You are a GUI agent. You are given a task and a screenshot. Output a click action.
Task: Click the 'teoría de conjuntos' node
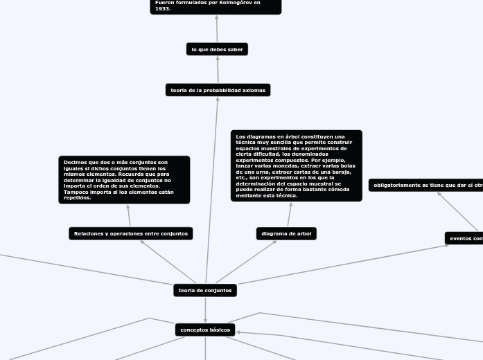tap(205, 290)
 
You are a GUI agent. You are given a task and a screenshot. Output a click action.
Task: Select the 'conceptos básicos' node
tap(205, 330)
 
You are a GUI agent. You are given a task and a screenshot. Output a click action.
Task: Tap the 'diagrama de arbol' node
tap(286, 234)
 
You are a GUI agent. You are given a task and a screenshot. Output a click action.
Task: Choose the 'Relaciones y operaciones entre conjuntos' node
tap(130, 234)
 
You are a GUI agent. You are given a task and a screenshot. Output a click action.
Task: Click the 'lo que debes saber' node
tap(217, 49)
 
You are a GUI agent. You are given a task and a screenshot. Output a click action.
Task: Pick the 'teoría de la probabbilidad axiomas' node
tap(217, 90)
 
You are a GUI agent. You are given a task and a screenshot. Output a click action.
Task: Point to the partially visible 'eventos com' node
tap(465, 238)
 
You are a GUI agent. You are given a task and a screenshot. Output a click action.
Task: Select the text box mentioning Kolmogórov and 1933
tap(216, 6)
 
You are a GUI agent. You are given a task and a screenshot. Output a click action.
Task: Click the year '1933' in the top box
tap(163, 9)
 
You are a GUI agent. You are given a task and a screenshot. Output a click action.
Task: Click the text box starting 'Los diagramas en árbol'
tap(296, 166)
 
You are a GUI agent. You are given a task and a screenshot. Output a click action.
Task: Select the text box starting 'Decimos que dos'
tap(124, 180)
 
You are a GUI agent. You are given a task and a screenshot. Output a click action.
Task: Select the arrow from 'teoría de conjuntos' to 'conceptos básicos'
tap(205, 310)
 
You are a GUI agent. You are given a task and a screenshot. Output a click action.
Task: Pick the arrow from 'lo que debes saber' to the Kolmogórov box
tap(217, 28)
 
